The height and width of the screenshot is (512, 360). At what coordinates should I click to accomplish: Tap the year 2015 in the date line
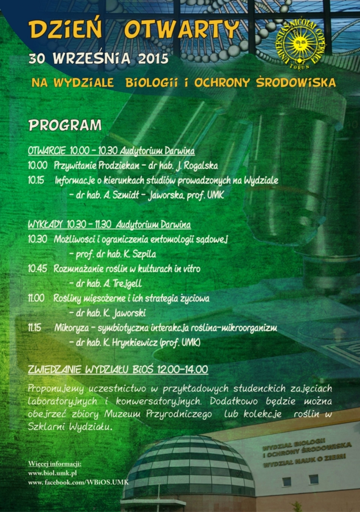coord(153,58)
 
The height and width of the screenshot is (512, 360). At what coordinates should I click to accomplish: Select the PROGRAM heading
coord(65,125)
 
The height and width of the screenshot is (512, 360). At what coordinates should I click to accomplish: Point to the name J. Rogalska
coord(198,166)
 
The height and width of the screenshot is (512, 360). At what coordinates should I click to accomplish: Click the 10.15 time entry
coord(36,180)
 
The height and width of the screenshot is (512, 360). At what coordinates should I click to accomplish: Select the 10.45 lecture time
coord(37,269)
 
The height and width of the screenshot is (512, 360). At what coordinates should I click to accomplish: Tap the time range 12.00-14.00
coord(183,369)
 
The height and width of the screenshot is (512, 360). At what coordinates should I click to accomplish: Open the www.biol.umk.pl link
coord(52,473)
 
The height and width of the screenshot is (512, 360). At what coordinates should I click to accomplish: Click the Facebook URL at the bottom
coord(78,482)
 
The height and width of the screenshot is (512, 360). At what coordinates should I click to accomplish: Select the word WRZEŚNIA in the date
coord(92,58)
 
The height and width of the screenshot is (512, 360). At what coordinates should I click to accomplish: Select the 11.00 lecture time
coord(36,298)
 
